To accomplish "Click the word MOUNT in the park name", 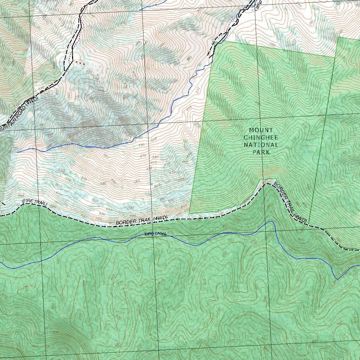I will tap(261, 130).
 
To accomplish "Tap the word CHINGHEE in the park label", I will tap(261, 137).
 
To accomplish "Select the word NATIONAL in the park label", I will tap(261, 145).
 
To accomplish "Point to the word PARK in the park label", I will tap(261, 152).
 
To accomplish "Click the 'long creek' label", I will tap(155, 234).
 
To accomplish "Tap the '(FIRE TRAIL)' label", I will tap(34, 203).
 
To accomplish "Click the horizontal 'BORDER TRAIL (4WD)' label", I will tap(141, 220).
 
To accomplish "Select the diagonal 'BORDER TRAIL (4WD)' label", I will tap(290, 203).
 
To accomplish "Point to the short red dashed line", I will tap(80, 63).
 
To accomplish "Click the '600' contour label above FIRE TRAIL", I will tap(58, 186).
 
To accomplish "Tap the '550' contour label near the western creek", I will tap(62, 171).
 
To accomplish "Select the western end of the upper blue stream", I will tap(17, 152).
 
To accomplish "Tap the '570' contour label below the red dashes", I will tap(95, 78).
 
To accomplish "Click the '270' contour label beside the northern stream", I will tap(198, 89).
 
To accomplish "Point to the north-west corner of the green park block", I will tap(223, 41).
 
